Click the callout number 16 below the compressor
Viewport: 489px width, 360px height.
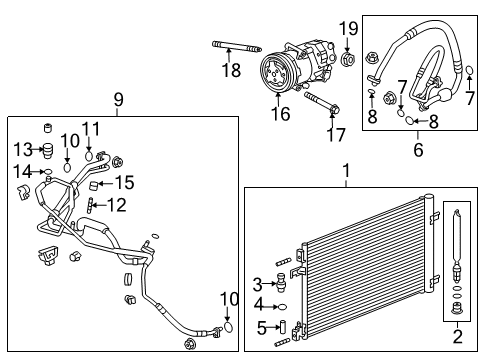pos(280,114)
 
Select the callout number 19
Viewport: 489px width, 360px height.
pos(347,27)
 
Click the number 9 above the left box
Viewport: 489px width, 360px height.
pos(118,99)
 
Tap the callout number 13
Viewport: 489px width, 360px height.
pos(22,150)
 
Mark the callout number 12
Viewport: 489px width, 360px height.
pos(117,205)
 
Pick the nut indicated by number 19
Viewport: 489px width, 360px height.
pos(347,59)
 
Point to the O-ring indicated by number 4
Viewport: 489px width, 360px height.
pos(282,306)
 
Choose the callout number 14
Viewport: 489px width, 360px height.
pos(22,171)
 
